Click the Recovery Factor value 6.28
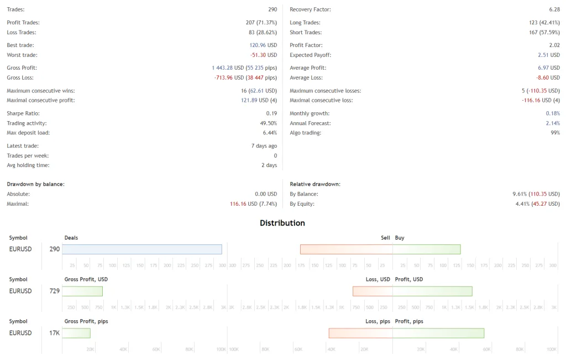[x=554, y=9]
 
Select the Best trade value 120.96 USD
[x=263, y=45]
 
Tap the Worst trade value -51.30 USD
[x=264, y=55]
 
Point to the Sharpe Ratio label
[x=23, y=113]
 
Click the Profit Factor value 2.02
[x=554, y=45]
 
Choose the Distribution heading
[x=282, y=223]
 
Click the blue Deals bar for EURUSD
[x=142, y=249]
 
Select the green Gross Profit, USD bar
[x=82, y=291]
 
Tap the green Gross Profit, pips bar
[x=76, y=333]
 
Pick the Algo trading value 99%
[x=555, y=133]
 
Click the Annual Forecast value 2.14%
[x=553, y=123]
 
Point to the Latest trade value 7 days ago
[x=264, y=146]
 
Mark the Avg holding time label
[x=28, y=165]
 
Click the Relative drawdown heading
[x=315, y=184]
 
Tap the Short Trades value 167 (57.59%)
[x=544, y=32]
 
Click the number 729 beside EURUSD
[x=55, y=291]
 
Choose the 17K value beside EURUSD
[x=55, y=333]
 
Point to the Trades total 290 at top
[x=272, y=9]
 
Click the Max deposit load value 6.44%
[x=270, y=133]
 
